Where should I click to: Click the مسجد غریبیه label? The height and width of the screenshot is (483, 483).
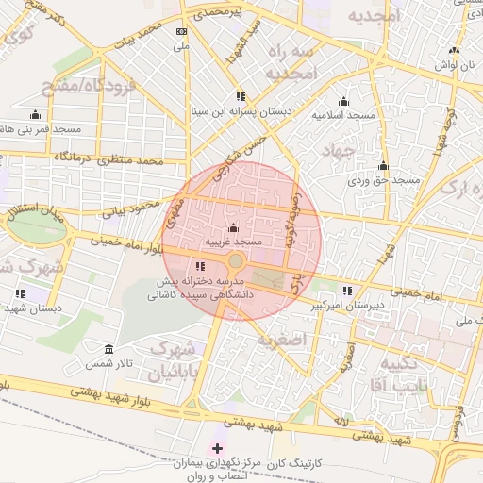233,242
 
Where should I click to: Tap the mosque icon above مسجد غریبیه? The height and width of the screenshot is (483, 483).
233,228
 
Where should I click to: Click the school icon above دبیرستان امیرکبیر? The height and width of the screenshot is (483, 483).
347,291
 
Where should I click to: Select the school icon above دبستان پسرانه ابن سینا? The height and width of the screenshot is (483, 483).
241,96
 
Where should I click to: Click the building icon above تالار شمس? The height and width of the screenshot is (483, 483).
109,349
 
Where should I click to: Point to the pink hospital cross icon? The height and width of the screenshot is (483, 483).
219,447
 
